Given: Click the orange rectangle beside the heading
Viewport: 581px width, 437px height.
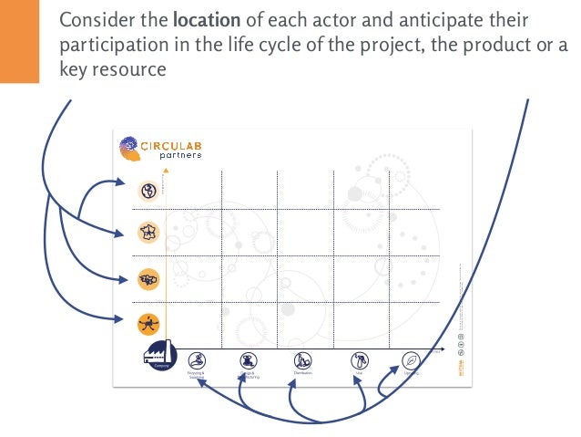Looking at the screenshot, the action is (19, 41).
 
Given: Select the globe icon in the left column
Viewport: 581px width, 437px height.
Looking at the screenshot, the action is (148, 190).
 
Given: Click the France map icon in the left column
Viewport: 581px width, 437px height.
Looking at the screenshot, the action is (148, 233).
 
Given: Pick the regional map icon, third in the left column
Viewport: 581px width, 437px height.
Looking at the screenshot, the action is (148, 277).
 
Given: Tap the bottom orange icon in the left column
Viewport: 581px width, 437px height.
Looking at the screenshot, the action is (148, 322).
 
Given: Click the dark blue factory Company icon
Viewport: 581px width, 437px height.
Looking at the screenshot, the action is (159, 354).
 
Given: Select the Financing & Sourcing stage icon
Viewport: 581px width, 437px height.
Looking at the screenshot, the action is (197, 360).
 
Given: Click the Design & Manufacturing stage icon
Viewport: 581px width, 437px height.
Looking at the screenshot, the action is (248, 360).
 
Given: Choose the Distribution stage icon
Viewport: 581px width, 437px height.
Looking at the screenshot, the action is (303, 360).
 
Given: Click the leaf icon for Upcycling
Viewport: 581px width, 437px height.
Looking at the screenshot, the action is (411, 360).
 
